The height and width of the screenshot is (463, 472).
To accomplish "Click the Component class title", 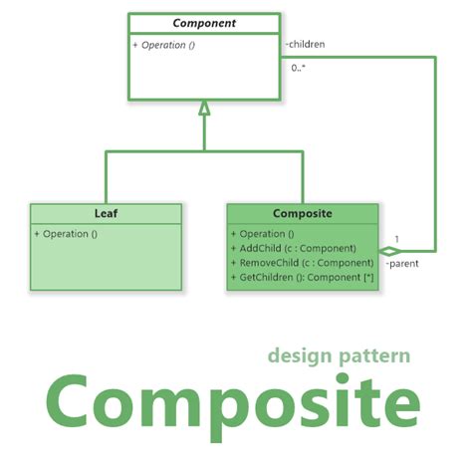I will [204, 23].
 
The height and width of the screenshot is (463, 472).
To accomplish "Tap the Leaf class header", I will [106, 213].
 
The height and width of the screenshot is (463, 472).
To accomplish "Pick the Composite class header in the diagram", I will [302, 213].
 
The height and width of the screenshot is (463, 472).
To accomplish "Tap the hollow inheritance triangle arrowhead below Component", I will [204, 108].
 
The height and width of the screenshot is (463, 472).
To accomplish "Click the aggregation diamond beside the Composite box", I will [388, 251].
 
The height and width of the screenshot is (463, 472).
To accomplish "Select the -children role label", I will [305, 44].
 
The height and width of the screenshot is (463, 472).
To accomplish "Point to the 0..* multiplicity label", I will [299, 67].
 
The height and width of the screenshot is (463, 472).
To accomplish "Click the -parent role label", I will [400, 265].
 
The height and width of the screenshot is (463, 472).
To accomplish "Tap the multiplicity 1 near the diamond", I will [396, 238].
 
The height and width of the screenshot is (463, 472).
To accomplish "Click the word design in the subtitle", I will [302, 355].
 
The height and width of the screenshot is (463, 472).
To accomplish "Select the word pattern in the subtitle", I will [375, 355].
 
